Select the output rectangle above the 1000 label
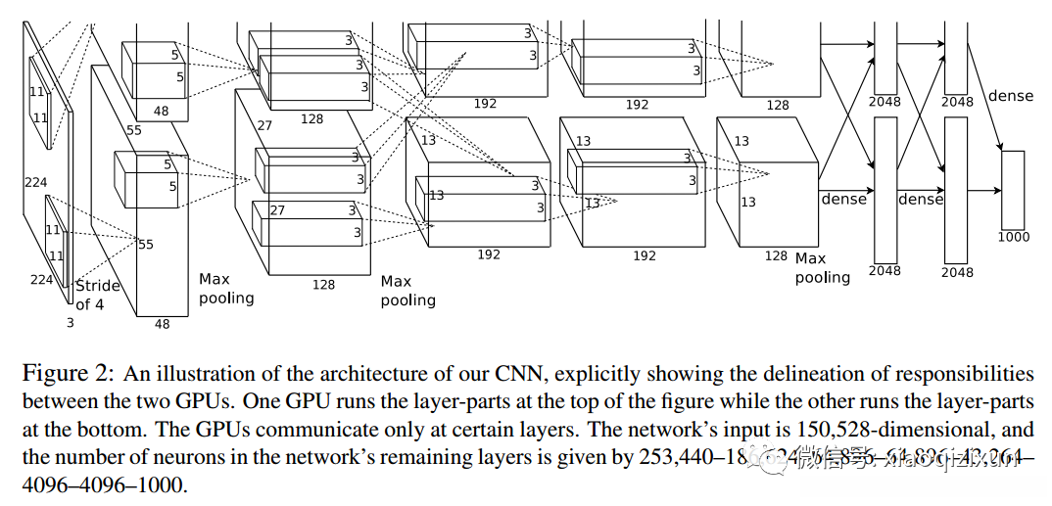point(1013,189)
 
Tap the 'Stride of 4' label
point(98,295)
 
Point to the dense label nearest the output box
point(1011,96)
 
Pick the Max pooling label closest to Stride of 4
point(226,289)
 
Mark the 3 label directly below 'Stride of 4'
point(70,322)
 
